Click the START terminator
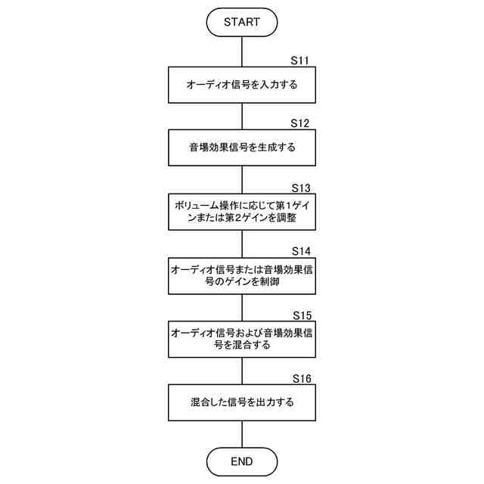(241, 22)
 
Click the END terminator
(241, 461)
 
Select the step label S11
(301, 60)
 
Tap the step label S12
(301, 123)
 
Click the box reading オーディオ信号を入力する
(241, 85)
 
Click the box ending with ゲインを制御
(241, 276)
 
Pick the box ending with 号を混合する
(241, 340)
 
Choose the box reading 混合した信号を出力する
(241, 403)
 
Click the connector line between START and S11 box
(241, 51)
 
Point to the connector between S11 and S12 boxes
(241, 117)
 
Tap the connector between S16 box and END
(241, 434)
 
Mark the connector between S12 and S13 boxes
(241, 181)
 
